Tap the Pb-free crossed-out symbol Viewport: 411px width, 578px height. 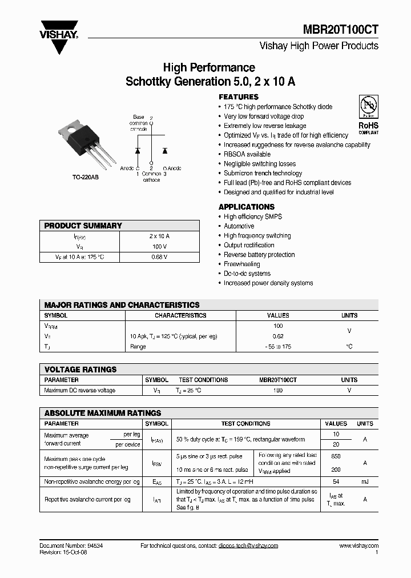[368, 106]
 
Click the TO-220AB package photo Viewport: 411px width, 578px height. [86, 139]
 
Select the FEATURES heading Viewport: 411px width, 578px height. [239, 97]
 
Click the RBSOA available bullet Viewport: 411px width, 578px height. [247, 154]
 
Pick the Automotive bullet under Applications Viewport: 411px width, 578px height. [239, 226]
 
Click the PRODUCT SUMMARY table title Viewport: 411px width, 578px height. [83, 226]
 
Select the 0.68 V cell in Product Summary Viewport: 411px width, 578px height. [159, 257]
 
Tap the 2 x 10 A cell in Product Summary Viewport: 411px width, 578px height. [159, 236]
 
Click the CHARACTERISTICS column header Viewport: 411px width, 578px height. [180, 315]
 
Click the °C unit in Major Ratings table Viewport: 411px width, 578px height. [349, 347]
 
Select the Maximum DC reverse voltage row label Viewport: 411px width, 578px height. [79, 391]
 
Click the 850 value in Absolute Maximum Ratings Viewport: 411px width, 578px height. [336, 457]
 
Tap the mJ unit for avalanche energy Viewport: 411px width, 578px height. [365, 482]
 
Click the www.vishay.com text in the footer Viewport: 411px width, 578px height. [358, 545]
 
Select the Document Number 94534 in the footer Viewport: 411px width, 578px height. [71, 545]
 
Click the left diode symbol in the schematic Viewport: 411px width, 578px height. [137, 150]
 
